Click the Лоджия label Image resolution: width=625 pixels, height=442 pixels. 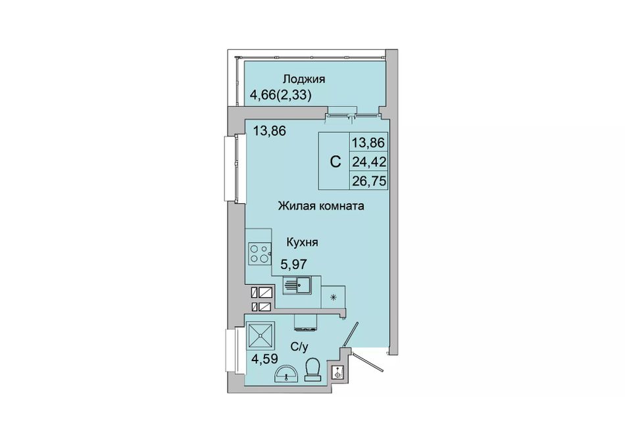tap(304, 80)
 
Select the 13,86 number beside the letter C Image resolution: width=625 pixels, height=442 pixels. tap(368, 142)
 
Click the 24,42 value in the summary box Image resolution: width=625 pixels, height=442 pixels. tap(369, 162)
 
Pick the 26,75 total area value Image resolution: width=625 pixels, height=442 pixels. tap(369, 182)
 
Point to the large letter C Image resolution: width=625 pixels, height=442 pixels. tap(336, 162)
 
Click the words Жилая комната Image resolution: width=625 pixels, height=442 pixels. tap(321, 206)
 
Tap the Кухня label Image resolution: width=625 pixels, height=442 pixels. tap(303, 242)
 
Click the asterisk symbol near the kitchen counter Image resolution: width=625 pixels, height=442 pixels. tap(334, 297)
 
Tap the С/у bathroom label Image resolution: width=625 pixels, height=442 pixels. tap(299, 347)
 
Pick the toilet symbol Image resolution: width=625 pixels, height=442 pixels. tap(313, 370)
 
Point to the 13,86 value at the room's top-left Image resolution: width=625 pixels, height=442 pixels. tap(270, 130)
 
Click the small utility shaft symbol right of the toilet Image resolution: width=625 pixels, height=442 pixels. tap(338, 374)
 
